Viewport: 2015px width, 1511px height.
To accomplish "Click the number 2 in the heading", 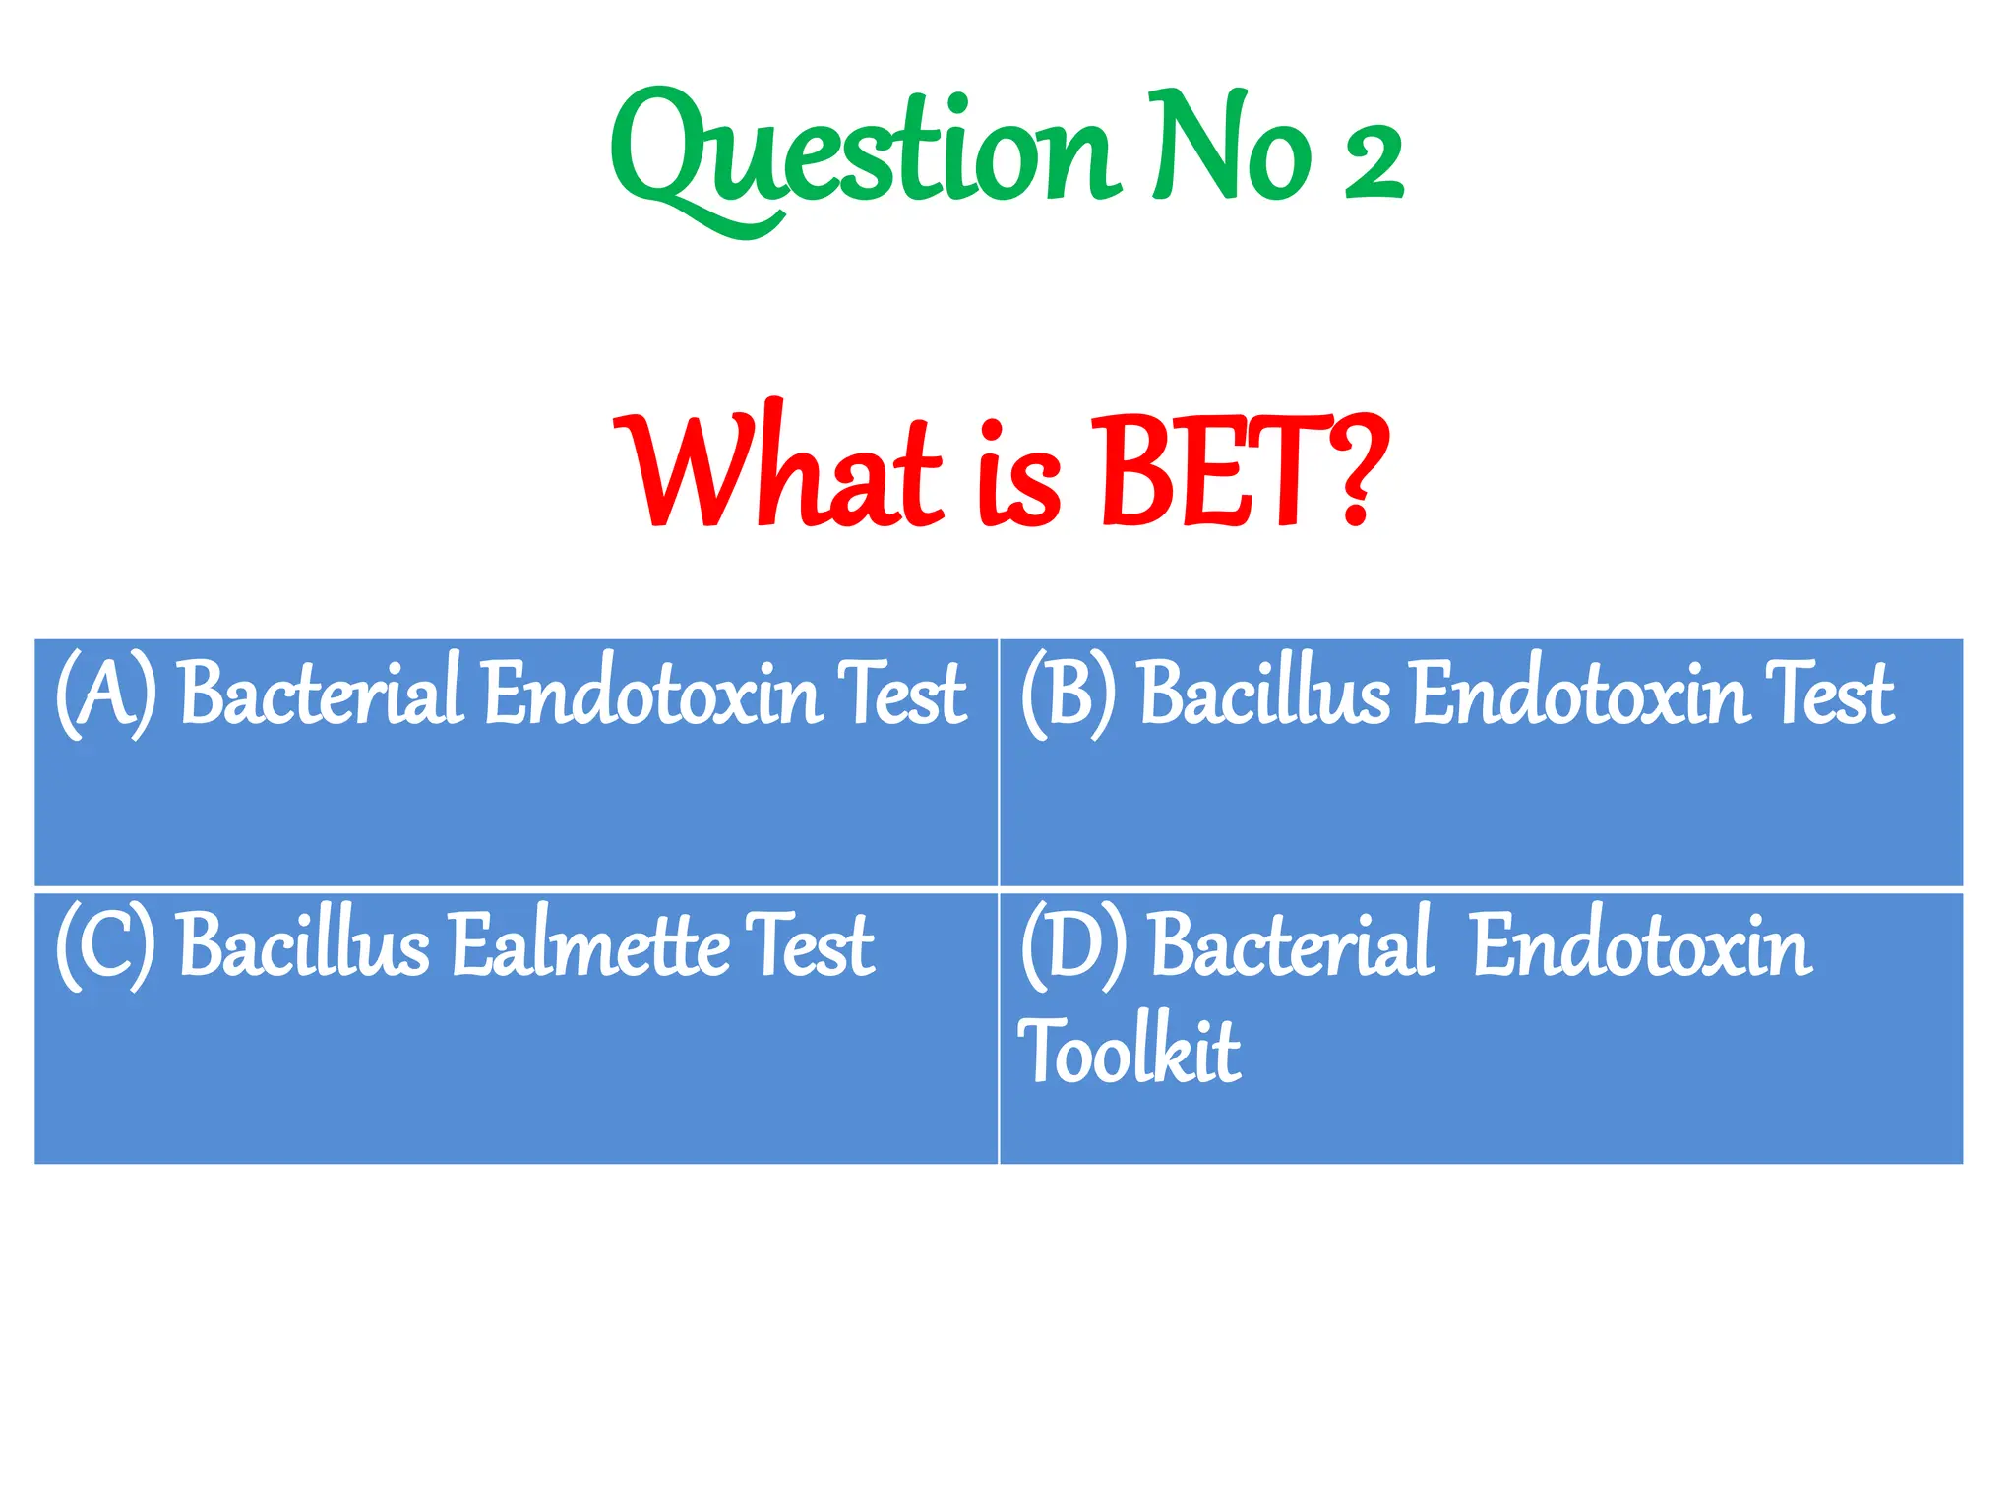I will coord(1374,162).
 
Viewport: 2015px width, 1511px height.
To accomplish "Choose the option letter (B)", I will coord(1069,695).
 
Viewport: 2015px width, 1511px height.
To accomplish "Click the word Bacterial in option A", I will coord(321,693).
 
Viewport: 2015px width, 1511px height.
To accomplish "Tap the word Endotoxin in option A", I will coord(653,695).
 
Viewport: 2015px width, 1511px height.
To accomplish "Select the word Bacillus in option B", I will coord(1264,695).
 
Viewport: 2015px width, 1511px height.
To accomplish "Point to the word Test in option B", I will coord(1829,695).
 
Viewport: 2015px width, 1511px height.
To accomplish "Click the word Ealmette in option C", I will coord(590,945).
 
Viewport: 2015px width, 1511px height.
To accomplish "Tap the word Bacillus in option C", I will coord(305,945).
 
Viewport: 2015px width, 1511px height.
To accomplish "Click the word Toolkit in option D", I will coord(1130,1051).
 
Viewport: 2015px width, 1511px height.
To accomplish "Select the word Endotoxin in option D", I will coord(1642,945).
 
